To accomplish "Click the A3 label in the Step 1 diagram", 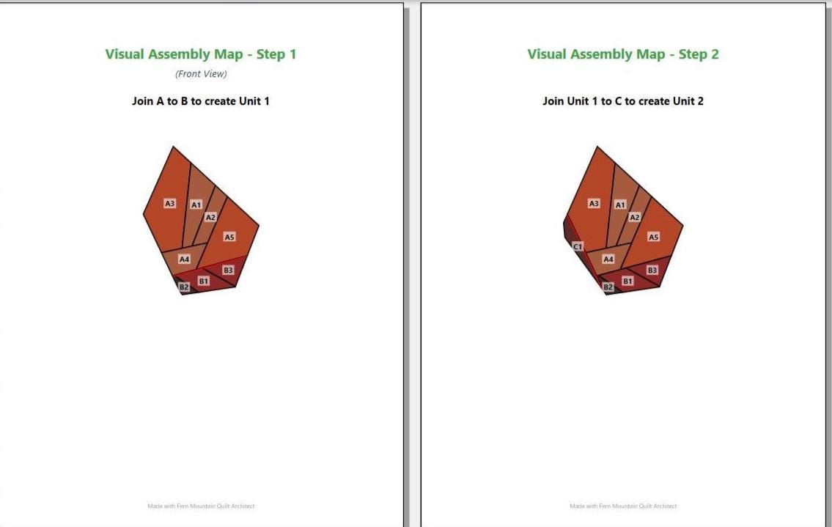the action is point(170,203).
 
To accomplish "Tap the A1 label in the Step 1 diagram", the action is point(196,204).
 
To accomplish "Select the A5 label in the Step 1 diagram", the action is point(229,237).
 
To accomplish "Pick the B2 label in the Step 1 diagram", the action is point(184,287).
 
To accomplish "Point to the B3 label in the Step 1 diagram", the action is point(228,270).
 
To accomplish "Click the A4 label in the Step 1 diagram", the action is point(184,259).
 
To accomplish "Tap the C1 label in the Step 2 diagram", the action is point(578,246).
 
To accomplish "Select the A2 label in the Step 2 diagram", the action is point(635,217).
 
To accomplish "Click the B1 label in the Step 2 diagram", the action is point(627,281).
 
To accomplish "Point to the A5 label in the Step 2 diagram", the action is point(654,237).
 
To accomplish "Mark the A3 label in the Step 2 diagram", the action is point(594,203).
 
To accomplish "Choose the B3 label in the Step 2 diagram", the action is point(652,270).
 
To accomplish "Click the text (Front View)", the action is point(201,74).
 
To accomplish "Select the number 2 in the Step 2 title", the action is point(715,54).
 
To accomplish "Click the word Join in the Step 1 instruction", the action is point(142,101).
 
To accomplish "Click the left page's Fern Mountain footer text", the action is point(201,506).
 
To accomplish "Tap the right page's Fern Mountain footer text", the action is point(623,506).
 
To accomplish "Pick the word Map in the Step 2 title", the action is point(652,54).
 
